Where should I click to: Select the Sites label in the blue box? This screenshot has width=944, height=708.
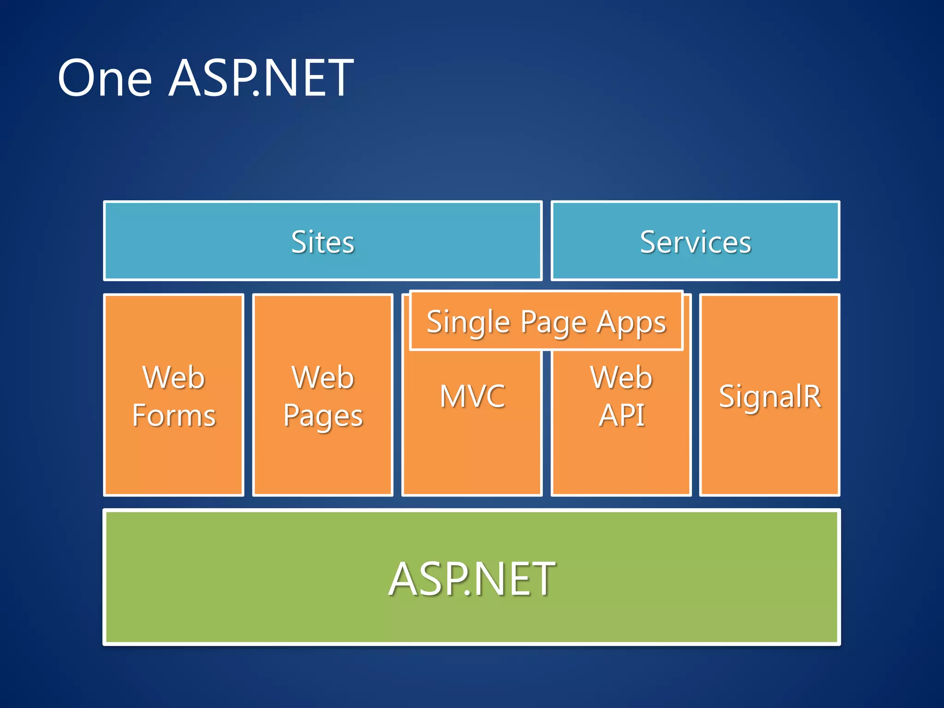(323, 242)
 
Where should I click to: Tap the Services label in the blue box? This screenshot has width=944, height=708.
(695, 242)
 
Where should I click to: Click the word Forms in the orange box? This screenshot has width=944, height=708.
(174, 415)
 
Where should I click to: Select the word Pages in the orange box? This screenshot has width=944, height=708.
(323, 416)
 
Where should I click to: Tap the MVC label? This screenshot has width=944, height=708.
(472, 396)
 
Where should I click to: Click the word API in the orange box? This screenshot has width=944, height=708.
(621, 415)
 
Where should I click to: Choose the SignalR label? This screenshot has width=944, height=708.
(770, 396)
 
